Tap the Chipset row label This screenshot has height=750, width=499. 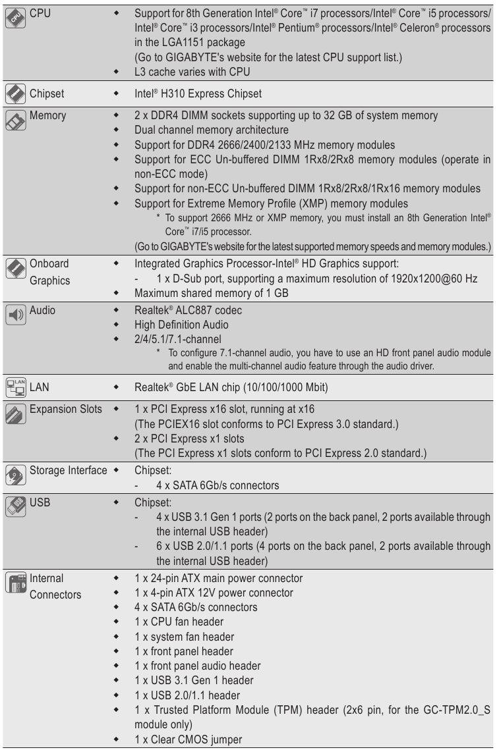tap(46, 94)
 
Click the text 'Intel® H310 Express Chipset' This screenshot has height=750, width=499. tap(198, 94)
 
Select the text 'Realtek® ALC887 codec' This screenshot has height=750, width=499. tap(189, 309)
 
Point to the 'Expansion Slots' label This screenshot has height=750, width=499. tap(66, 410)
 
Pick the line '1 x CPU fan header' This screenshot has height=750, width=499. tap(179, 622)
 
